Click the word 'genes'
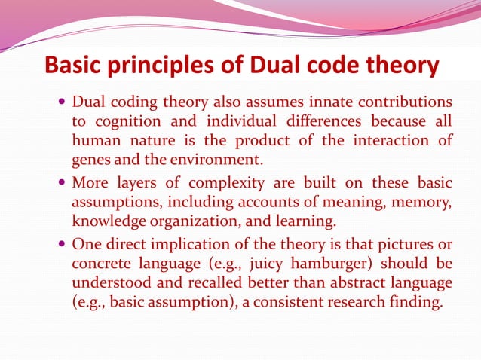[x=90, y=159]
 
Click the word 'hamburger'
[x=319, y=264]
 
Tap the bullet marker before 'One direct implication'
[x=61, y=245]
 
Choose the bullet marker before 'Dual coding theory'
[x=61, y=102]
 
